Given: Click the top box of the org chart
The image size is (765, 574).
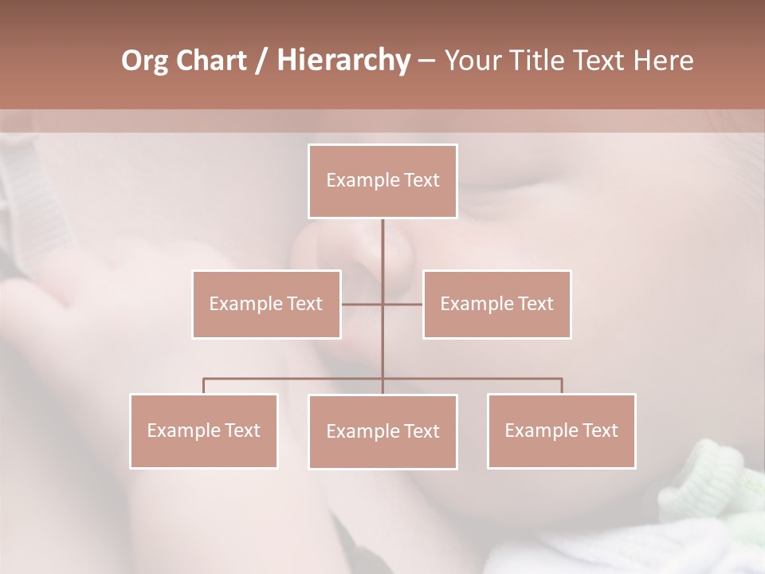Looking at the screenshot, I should (382, 181).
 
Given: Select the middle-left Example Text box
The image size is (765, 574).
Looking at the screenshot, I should (266, 304).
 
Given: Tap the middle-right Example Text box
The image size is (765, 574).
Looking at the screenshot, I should (496, 304).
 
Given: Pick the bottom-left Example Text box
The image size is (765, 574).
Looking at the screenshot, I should (204, 431).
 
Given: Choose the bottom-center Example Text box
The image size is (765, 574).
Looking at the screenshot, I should (382, 431).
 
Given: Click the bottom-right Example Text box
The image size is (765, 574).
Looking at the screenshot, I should (561, 431).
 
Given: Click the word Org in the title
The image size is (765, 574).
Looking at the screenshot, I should (144, 61).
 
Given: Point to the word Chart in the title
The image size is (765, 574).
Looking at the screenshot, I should (209, 61).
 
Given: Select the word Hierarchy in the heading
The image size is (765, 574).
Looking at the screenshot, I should (343, 61).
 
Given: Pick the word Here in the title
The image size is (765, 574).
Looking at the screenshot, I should (663, 61).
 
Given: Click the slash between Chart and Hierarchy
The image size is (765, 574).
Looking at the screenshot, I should (262, 61).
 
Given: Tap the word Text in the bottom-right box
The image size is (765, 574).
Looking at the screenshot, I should (599, 431).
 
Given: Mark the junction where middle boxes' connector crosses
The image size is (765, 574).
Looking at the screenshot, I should (382, 304).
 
